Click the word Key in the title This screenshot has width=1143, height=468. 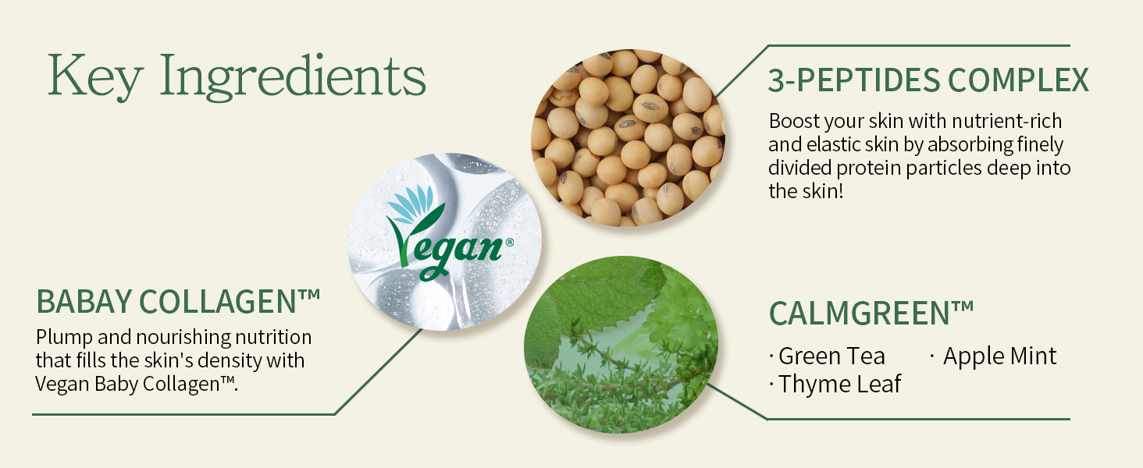pos(94,76)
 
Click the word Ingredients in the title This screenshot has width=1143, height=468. pos(293,76)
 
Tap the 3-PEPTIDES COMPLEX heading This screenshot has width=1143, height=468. pos(928,80)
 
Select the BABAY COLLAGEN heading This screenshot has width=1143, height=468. pos(178,301)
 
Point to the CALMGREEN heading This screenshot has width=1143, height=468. pos(871,313)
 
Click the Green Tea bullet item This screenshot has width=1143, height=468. pos(827,356)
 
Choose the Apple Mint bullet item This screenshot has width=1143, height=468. pos(994,356)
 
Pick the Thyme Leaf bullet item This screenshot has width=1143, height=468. pos(835,384)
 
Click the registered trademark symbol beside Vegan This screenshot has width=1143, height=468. pos(509,243)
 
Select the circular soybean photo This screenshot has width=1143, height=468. pos(628,137)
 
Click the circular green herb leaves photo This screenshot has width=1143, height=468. pos(621,345)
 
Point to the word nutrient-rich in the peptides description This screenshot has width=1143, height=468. pos(1006,122)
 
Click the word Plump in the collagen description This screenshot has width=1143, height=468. pos(64,338)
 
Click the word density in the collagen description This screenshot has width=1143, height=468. pos(229,361)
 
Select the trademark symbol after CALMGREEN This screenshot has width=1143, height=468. pos(963,307)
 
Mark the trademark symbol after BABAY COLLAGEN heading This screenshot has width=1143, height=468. pos(309,295)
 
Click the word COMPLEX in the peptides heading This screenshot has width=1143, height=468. pos(1019,80)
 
